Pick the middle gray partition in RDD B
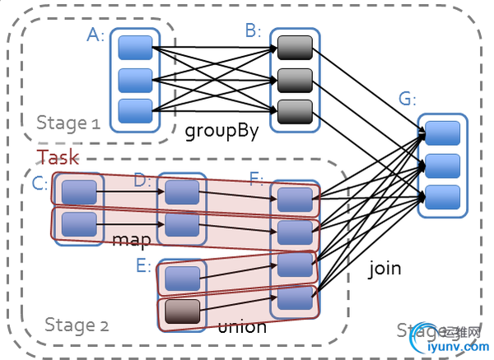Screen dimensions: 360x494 (x=294, y=80)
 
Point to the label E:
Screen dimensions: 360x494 (x=144, y=265)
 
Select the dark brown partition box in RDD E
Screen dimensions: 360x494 (x=182, y=311)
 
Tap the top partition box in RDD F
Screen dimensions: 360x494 (x=295, y=199)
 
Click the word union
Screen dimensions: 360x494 (x=242, y=327)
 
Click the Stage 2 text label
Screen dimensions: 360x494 (x=76, y=325)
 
